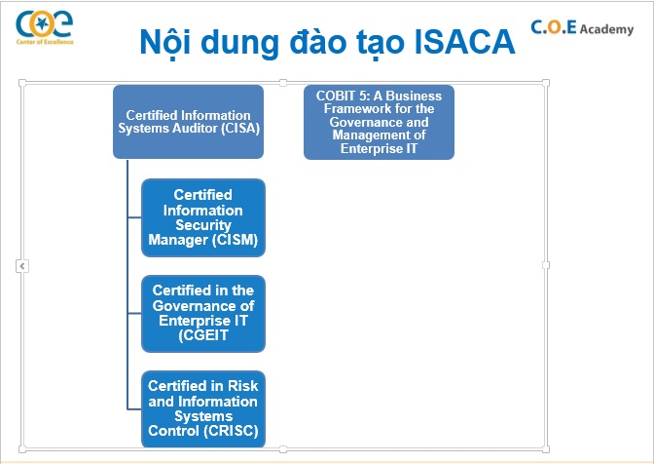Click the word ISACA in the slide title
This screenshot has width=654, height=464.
click(464, 42)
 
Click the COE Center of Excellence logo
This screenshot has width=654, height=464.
click(45, 27)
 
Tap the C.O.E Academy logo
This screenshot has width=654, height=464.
click(582, 27)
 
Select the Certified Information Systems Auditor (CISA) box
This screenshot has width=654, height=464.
click(188, 122)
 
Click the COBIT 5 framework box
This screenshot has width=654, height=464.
click(379, 122)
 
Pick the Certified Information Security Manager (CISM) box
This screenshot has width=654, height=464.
click(203, 217)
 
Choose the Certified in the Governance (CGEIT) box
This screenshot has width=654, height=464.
click(203, 314)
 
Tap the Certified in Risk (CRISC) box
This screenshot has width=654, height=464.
click(203, 408)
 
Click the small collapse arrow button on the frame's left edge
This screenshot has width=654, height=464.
click(22, 265)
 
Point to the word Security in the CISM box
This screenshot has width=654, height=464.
click(203, 225)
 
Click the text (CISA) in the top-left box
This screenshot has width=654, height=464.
click(240, 129)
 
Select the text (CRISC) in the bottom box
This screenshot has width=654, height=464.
click(232, 431)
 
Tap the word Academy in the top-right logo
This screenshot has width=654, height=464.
click(607, 29)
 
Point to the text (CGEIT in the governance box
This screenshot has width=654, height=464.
click(203, 335)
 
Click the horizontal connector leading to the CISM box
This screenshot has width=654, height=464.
click(134, 217)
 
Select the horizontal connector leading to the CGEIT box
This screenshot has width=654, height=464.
click(134, 313)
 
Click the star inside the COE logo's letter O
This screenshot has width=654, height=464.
click(41, 24)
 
